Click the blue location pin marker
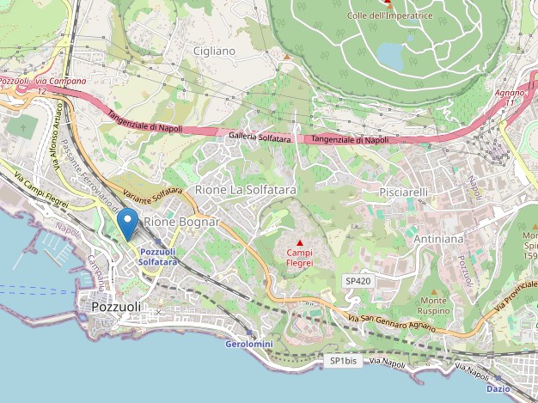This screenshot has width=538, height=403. (x=128, y=223)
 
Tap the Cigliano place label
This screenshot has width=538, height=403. (x=214, y=51)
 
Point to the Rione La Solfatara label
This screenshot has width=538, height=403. (x=246, y=189)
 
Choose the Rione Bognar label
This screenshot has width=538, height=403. (x=181, y=222)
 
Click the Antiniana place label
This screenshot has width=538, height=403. (x=438, y=238)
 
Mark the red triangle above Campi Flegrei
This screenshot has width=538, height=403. (x=299, y=243)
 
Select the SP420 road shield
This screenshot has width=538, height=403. (x=358, y=281)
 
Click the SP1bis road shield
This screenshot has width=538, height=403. (x=343, y=361)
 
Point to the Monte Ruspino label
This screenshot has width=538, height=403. (x=434, y=305)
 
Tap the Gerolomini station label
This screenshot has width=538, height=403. (x=248, y=343)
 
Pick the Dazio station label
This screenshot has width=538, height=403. (x=498, y=388)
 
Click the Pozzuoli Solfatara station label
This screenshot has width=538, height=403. (x=158, y=256)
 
